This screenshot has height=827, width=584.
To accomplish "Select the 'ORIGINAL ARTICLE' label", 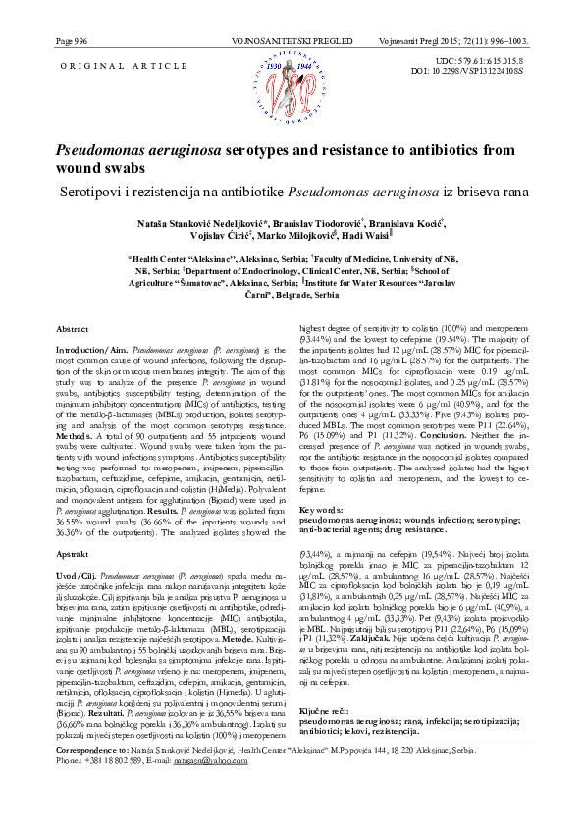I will (102, 64).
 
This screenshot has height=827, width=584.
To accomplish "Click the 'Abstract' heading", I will (75, 327).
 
